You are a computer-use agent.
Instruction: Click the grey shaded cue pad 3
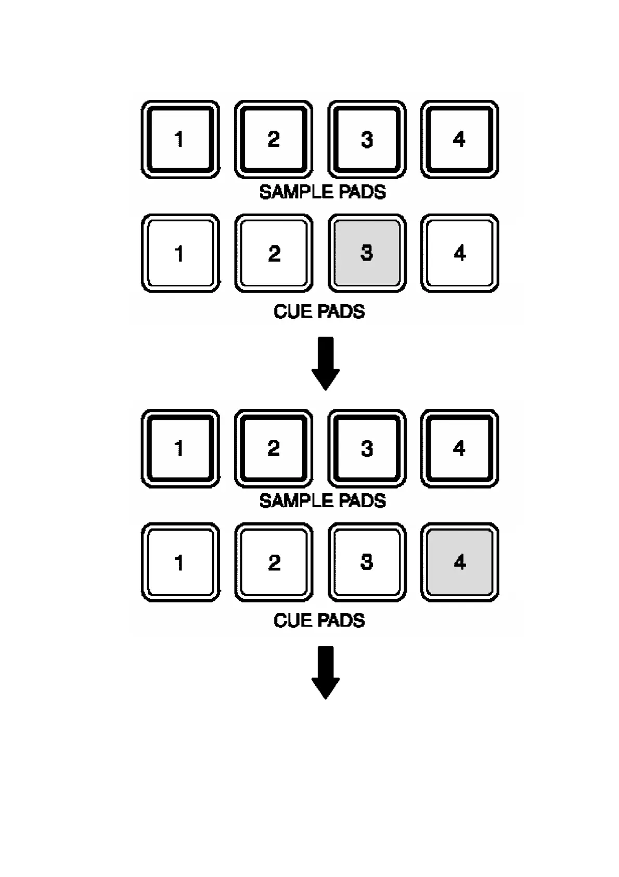367,253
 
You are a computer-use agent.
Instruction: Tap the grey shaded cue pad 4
459,562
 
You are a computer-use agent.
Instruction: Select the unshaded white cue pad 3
367,562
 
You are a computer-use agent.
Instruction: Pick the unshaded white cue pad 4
459,253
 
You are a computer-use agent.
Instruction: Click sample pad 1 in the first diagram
180,140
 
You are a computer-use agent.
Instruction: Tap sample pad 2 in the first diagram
273,140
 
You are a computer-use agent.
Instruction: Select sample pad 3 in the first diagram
367,140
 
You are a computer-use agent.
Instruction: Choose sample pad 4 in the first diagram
459,140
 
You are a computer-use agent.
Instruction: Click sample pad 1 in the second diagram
180,448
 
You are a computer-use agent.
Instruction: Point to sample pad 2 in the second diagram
273,448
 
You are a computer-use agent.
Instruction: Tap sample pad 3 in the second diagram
367,448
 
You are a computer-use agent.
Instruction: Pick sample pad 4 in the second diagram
459,448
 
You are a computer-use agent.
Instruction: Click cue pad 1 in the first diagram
180,253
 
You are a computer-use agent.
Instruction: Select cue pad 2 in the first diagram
273,253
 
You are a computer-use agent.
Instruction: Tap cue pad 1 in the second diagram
180,562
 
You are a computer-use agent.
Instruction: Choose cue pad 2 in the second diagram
273,562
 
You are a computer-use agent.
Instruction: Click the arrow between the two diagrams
326,364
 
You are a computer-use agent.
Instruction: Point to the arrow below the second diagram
326,673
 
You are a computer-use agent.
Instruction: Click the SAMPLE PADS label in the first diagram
323,192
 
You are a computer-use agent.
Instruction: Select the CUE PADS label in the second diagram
319,620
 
